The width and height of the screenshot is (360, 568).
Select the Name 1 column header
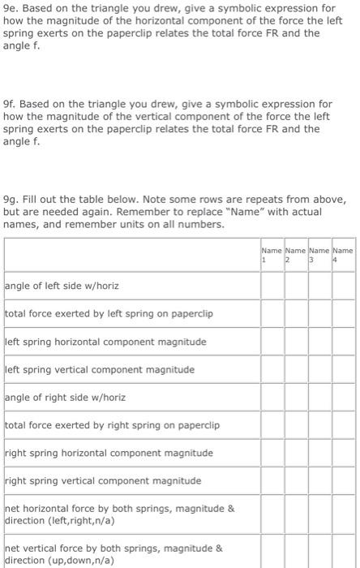[x=272, y=255]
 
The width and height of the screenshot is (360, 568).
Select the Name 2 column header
[x=296, y=255]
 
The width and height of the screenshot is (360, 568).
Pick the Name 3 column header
[x=319, y=255]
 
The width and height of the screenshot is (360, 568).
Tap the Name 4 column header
[x=343, y=255]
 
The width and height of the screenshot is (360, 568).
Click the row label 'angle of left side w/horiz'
[x=66, y=286]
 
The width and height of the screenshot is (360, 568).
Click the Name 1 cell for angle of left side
[x=272, y=286]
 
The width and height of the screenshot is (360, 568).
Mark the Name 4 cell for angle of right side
[x=343, y=398]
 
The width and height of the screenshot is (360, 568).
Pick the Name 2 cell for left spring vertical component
[x=296, y=369]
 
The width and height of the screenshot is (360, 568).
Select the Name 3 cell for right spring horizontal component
[x=319, y=453]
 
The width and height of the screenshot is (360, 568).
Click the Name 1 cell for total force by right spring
[x=272, y=425]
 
